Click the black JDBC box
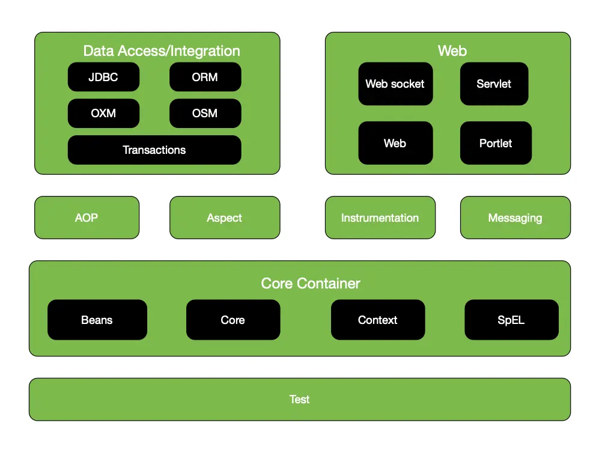(103, 77)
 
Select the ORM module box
(205, 77)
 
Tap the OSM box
(205, 113)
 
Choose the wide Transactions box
(154, 150)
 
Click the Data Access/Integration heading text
(161, 51)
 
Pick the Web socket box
(395, 84)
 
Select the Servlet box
(494, 84)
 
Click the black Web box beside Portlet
(395, 143)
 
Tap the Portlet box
(496, 143)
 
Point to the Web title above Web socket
(452, 51)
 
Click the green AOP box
(87, 218)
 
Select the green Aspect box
(225, 218)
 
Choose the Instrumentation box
(380, 218)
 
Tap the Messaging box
(515, 218)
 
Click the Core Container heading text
(311, 283)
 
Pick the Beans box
(97, 320)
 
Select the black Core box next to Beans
(233, 320)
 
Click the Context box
(377, 320)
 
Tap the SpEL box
(511, 320)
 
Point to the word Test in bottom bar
(299, 399)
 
